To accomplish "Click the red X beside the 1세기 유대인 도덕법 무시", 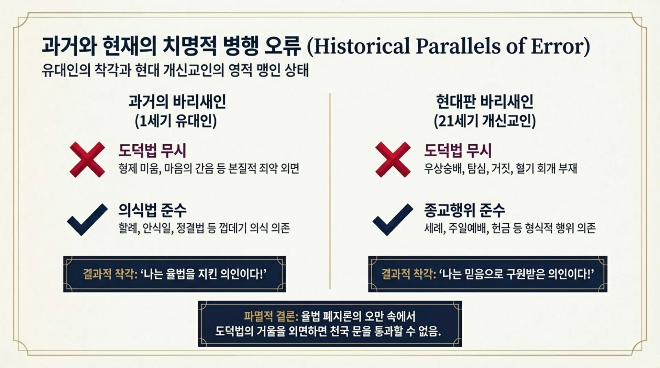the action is pyautogui.click(x=87, y=159).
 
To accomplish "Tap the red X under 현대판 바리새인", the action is pyautogui.click(x=393, y=159).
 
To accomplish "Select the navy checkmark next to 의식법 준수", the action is pyautogui.click(x=87, y=220).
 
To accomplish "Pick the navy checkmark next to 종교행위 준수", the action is pyautogui.click(x=393, y=220).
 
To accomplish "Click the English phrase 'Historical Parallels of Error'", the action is pyautogui.click(x=448, y=46).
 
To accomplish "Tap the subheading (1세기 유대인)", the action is pyautogui.click(x=176, y=121).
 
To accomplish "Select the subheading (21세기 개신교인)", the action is pyautogui.click(x=485, y=121).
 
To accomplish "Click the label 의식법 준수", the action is pyautogui.click(x=152, y=210).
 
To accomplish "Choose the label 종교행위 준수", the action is pyautogui.click(x=464, y=210).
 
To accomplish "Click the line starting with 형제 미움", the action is pyautogui.click(x=209, y=169).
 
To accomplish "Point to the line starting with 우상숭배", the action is pyautogui.click(x=500, y=169).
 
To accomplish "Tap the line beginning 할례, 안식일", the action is pyautogui.click(x=204, y=228).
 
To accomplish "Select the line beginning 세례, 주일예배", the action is pyautogui.click(x=510, y=228).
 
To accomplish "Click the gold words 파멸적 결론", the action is pyautogui.click(x=271, y=316).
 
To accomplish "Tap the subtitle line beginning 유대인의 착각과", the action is pyautogui.click(x=175, y=71).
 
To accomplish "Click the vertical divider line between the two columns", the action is pyautogui.click(x=330, y=191).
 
